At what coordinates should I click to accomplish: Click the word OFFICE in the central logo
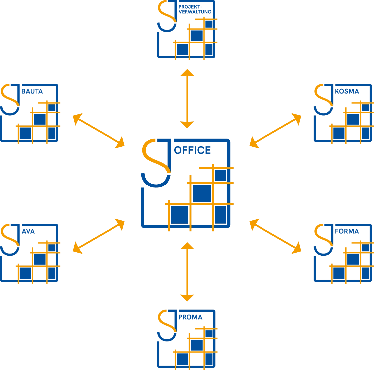pos(193,150)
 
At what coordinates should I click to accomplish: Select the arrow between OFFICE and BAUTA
pos(98,131)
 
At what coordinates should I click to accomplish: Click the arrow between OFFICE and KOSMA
pos(275,129)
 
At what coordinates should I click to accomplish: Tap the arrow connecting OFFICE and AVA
pos(98,236)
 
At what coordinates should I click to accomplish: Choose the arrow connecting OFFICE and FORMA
pos(275,236)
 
